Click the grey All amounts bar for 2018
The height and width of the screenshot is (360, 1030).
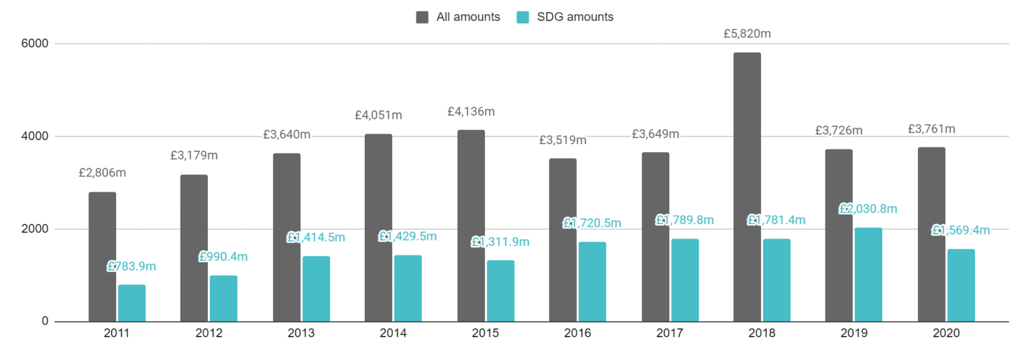click(747, 187)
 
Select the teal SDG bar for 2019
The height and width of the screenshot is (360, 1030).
click(868, 275)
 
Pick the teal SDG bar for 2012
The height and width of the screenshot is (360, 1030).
click(223, 298)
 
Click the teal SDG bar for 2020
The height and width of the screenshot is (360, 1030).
click(961, 286)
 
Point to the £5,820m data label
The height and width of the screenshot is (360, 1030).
click(747, 34)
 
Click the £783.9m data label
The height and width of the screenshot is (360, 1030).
click(132, 266)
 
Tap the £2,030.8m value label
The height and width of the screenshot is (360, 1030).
click(868, 208)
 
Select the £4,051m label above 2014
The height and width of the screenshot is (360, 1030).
click(378, 115)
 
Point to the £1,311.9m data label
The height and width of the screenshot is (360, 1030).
click(500, 241)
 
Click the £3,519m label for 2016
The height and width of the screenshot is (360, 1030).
click(563, 140)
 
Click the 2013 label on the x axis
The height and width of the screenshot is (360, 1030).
click(301, 333)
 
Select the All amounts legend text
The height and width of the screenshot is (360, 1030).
click(468, 17)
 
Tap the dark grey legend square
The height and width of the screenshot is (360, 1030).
click(422, 17)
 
